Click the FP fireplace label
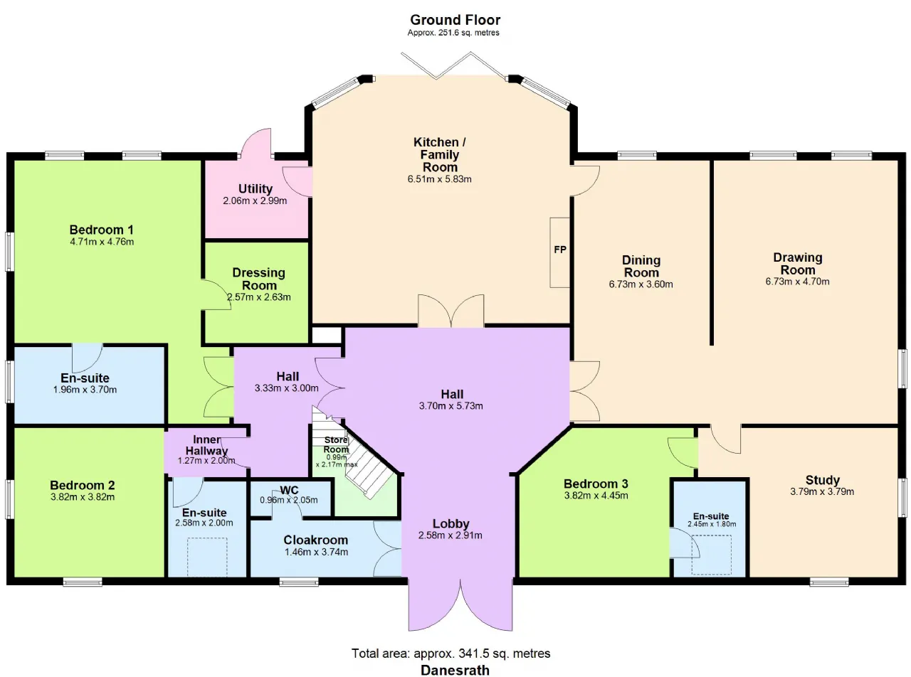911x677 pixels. click(560, 250)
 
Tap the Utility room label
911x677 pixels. click(256, 189)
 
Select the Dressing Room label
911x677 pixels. click(259, 279)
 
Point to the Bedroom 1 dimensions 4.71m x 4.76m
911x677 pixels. click(102, 242)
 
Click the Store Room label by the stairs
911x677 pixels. click(336, 444)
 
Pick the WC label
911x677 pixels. click(289, 490)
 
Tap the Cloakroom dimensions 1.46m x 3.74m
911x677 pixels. click(316, 552)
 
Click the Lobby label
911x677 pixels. click(451, 524)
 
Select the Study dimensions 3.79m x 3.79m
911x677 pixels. click(822, 491)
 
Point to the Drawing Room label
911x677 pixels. click(798, 264)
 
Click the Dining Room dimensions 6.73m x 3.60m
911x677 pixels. click(641, 284)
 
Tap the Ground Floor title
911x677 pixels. click(455, 20)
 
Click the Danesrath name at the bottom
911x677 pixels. click(455, 670)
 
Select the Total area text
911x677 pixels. click(451, 654)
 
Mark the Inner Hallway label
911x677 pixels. click(206, 445)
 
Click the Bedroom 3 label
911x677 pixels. click(596, 484)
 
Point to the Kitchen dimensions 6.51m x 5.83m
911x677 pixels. click(439, 179)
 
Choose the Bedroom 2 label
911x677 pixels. click(82, 485)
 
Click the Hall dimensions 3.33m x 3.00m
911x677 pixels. click(287, 388)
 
